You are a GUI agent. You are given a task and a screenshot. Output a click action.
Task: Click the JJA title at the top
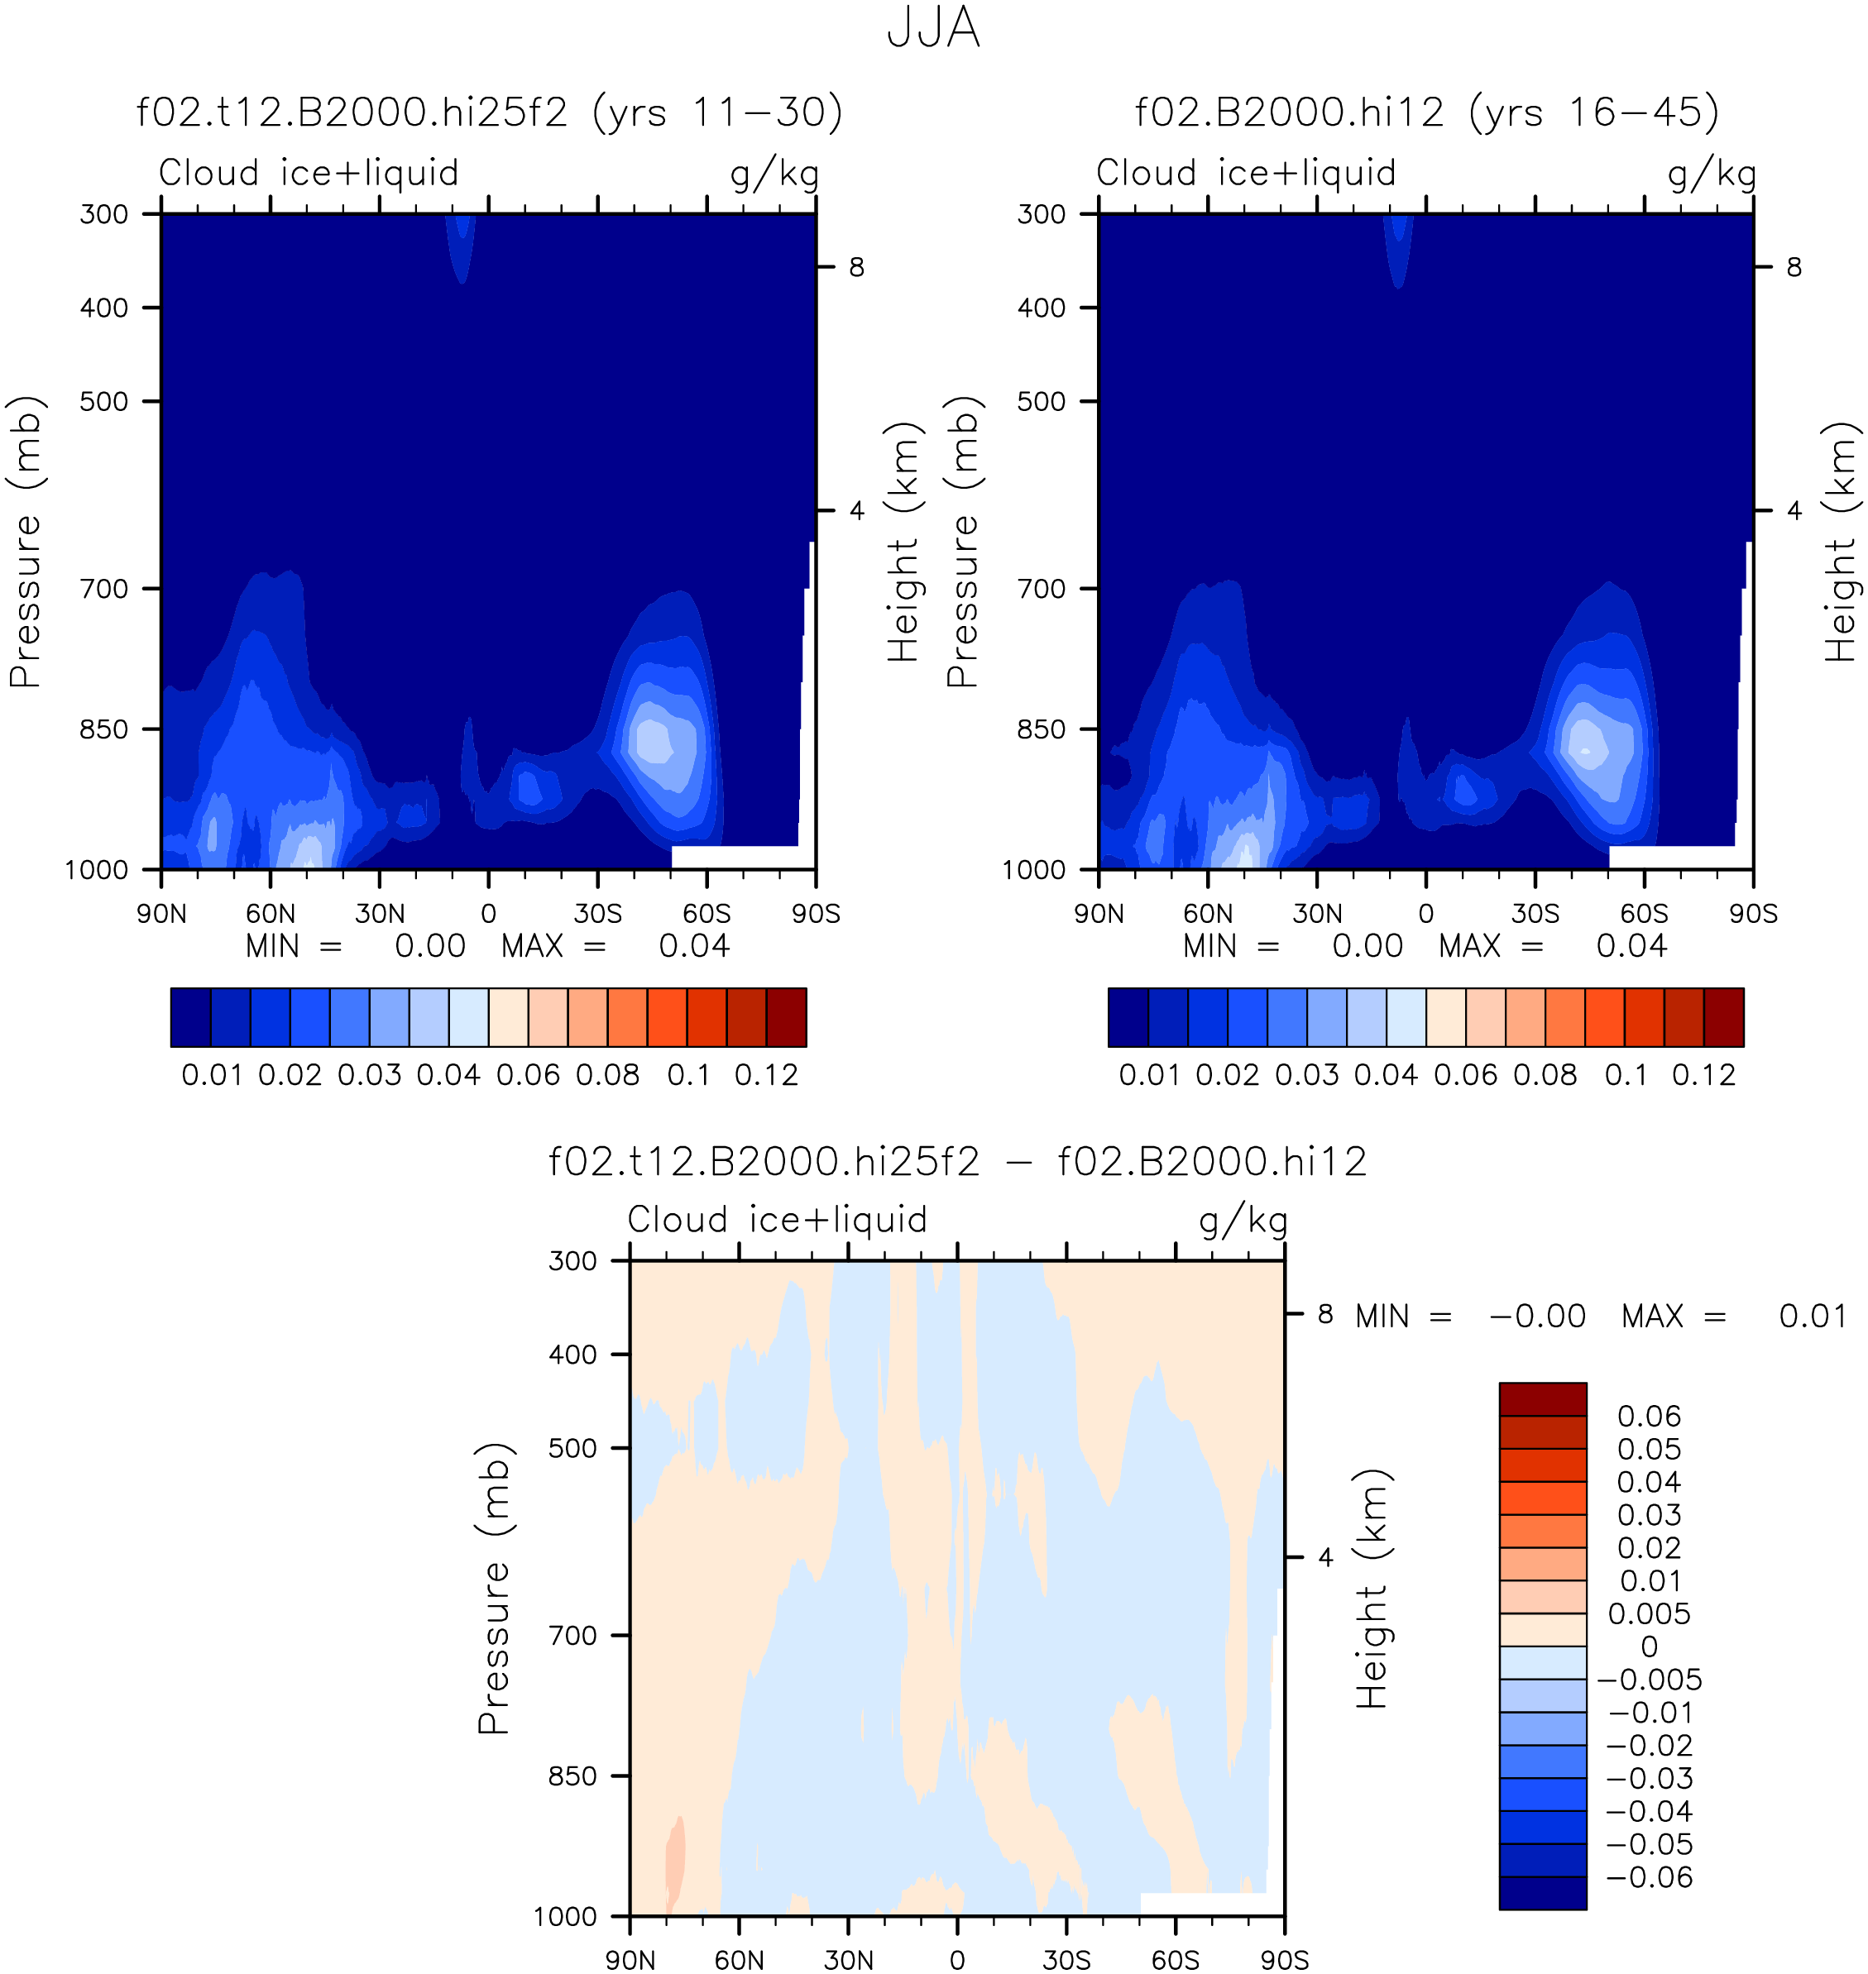click(x=933, y=28)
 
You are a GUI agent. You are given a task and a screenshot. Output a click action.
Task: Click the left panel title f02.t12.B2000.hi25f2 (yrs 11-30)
click(x=490, y=112)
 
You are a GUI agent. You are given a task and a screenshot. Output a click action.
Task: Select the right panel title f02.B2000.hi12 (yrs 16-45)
click(x=1427, y=112)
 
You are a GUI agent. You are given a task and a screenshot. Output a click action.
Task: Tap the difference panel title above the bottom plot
click(x=957, y=1162)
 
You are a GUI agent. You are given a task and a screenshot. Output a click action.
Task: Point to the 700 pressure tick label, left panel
click(x=104, y=588)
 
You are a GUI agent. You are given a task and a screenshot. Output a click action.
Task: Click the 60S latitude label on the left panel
click(x=707, y=914)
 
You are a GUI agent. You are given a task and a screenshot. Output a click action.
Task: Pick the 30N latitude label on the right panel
click(x=1317, y=914)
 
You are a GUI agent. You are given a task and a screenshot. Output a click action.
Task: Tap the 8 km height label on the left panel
click(x=856, y=267)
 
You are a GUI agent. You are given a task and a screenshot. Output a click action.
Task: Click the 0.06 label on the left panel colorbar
click(x=528, y=1075)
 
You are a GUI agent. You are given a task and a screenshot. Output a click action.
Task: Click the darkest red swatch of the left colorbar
click(x=787, y=1017)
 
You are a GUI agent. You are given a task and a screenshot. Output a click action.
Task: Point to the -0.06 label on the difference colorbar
click(x=1649, y=1877)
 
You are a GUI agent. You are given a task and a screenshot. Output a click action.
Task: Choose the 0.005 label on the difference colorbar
click(x=1649, y=1613)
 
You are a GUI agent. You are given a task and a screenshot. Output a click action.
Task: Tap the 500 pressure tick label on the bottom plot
click(x=572, y=1448)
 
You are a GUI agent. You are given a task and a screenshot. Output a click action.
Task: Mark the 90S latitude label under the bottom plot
click(x=1285, y=1960)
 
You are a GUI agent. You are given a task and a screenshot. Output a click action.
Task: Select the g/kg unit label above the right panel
click(x=1712, y=174)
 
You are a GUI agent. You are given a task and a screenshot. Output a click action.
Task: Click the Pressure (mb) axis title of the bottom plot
click(x=494, y=1588)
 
